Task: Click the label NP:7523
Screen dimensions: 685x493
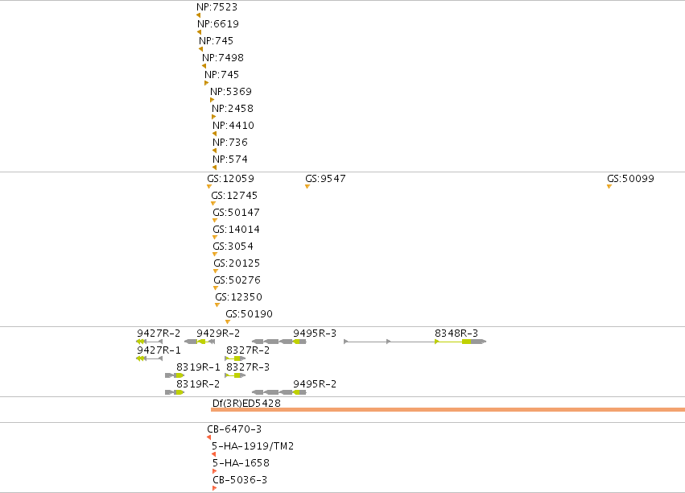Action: pyautogui.click(x=217, y=7)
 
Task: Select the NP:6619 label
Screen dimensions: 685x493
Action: pyautogui.click(x=218, y=24)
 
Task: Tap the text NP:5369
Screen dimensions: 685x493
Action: pyautogui.click(x=231, y=92)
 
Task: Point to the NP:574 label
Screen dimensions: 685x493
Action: pyautogui.click(x=229, y=159)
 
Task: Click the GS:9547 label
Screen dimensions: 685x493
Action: pyautogui.click(x=325, y=179)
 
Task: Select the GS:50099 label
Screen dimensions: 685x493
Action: pyautogui.click(x=630, y=179)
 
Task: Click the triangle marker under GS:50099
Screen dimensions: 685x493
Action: pyautogui.click(x=609, y=187)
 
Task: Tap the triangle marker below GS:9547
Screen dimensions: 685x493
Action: pyautogui.click(x=307, y=187)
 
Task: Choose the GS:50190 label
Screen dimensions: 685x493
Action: pyautogui.click(x=249, y=314)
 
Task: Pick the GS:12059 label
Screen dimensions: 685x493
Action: pyautogui.click(x=231, y=179)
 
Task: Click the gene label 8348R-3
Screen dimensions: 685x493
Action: pyautogui.click(x=456, y=333)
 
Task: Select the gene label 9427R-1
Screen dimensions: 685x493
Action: pyautogui.click(x=159, y=350)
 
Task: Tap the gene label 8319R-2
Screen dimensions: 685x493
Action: pyautogui.click(x=198, y=384)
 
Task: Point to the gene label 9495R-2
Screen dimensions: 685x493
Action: pyautogui.click(x=315, y=384)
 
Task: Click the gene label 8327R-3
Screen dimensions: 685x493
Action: pyautogui.click(x=248, y=367)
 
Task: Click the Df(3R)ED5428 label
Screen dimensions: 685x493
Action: pyautogui.click(x=246, y=404)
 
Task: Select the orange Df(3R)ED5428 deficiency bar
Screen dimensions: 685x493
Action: pyautogui.click(x=448, y=410)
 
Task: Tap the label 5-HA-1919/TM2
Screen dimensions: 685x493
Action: pyautogui.click(x=253, y=446)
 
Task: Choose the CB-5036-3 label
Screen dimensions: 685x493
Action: pyautogui.click(x=240, y=480)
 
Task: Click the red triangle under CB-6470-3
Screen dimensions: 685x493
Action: pyautogui.click(x=208, y=437)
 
